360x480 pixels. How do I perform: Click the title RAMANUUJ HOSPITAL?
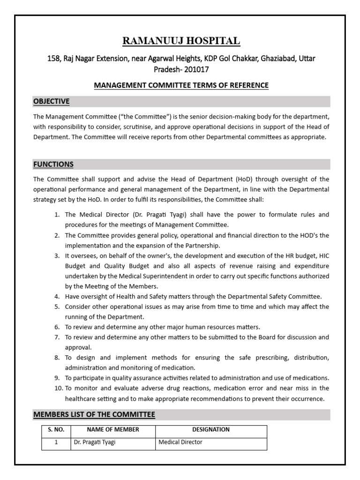(x=181, y=41)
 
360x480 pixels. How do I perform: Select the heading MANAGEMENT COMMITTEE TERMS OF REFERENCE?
(x=181, y=85)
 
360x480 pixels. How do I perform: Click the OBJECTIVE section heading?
(x=51, y=101)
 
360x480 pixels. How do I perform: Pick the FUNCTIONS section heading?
(x=53, y=164)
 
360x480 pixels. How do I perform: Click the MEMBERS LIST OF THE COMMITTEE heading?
(x=94, y=414)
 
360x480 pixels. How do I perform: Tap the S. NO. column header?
(x=56, y=429)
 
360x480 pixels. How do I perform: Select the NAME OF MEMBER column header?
(x=112, y=429)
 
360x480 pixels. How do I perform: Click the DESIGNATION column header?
(x=211, y=429)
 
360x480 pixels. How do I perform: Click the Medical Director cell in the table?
(x=181, y=442)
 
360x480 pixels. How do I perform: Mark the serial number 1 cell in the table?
(x=56, y=442)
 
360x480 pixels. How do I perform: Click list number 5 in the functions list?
(x=57, y=307)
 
